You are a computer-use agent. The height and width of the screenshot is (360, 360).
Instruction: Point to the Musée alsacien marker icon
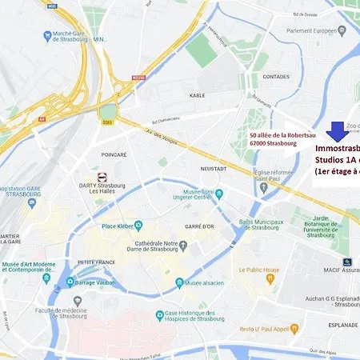tap(179, 282)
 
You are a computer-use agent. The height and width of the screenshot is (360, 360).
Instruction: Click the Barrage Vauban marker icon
tap(71, 282)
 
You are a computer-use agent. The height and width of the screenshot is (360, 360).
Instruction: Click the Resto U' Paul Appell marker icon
tap(293, 328)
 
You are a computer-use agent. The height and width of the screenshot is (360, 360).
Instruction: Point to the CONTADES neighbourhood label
tap(276, 77)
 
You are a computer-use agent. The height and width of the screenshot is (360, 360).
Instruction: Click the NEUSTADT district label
tap(214, 169)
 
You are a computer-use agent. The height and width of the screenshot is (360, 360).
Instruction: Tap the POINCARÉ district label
tap(114, 154)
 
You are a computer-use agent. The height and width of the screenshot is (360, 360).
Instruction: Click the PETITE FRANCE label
tap(96, 262)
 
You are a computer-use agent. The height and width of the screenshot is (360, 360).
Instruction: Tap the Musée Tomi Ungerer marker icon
tap(219, 193)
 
